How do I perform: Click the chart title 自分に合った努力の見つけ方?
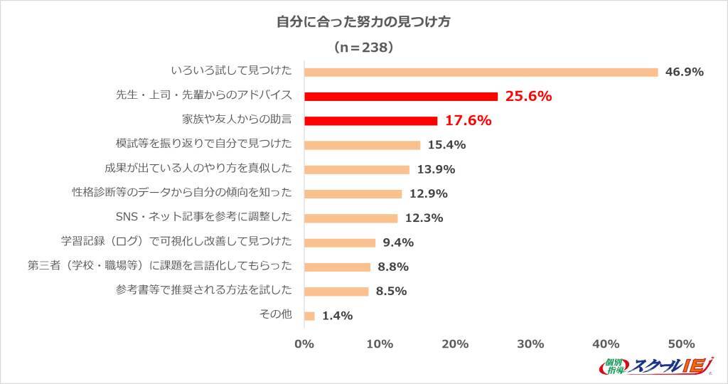point(363,21)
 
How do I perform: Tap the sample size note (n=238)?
point(363,48)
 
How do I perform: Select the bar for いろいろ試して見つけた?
point(481,72)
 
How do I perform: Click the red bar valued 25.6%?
point(401,96)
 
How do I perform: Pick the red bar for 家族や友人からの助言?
point(370,120)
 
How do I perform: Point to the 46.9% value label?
point(684,72)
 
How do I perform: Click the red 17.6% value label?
point(468,120)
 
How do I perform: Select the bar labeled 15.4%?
point(363,145)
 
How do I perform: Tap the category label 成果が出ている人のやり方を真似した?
point(198,169)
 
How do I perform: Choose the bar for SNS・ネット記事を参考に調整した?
point(350,218)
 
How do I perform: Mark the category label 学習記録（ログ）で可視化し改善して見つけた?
point(177,242)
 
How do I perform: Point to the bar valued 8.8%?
point(338,267)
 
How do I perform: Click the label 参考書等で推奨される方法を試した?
point(203,291)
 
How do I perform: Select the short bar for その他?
point(309,315)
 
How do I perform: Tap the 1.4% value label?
point(337,316)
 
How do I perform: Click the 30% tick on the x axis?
point(530,344)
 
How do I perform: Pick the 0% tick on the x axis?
point(304,344)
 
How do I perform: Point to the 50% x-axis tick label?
point(681,344)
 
